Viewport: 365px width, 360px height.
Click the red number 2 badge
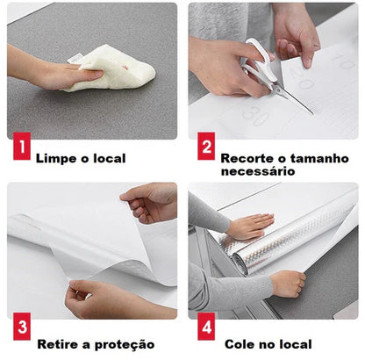(x=205, y=148)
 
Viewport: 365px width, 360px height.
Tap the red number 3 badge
(x=19, y=330)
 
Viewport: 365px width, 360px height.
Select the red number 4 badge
(x=206, y=330)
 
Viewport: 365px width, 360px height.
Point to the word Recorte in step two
(x=247, y=159)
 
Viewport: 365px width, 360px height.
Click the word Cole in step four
(x=240, y=344)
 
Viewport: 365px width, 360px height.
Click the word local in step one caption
(x=107, y=159)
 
